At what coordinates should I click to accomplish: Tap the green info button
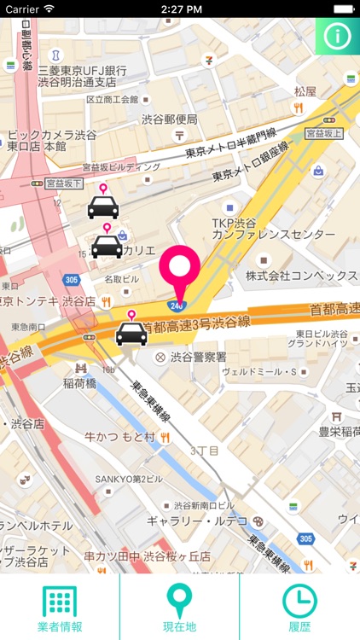click(339, 37)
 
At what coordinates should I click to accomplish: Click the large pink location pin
click(180, 271)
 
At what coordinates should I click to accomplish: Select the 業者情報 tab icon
click(60, 602)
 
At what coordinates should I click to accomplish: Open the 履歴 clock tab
click(299, 602)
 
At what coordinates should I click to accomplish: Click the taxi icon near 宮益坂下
click(103, 205)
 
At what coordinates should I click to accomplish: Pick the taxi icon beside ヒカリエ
click(107, 245)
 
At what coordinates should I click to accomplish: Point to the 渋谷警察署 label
click(198, 357)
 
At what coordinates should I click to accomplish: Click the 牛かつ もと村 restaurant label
click(119, 437)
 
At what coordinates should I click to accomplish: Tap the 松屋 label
click(305, 90)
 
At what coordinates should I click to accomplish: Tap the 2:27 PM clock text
click(180, 8)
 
